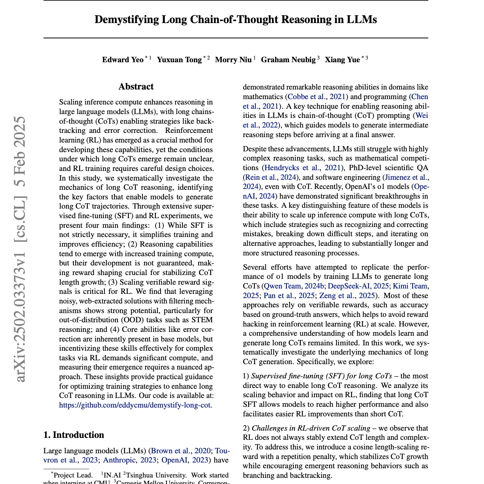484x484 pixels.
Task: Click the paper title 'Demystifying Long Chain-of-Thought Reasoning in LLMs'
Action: [235, 20]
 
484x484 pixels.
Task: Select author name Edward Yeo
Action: [123, 60]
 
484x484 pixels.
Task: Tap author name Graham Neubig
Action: [288, 60]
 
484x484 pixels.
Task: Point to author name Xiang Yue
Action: [342, 60]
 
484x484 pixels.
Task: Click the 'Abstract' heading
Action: [136, 87]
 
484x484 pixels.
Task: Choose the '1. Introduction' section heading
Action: [74, 435]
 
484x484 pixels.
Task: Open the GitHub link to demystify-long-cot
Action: [134, 405]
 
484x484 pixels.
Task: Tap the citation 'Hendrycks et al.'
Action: [292, 167]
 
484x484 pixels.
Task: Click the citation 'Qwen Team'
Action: [282, 286]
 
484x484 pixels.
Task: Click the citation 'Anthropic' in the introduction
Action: [119, 460]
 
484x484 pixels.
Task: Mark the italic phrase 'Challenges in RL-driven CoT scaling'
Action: [311, 428]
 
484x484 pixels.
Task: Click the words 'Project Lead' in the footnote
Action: [72, 475]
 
